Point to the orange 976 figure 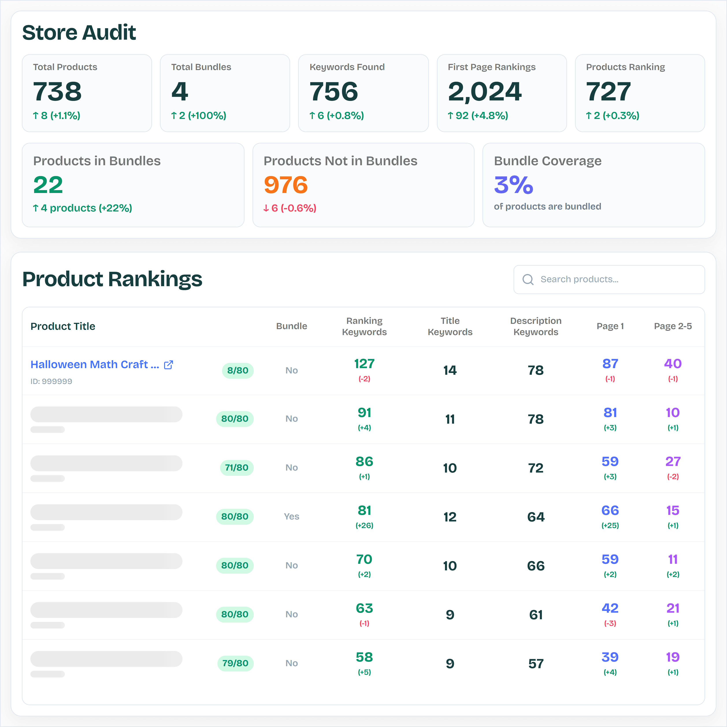point(286,185)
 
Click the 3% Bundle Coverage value point(513,185)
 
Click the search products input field point(617,279)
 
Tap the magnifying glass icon point(528,279)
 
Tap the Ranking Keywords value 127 point(364,363)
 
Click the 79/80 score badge point(235,663)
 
